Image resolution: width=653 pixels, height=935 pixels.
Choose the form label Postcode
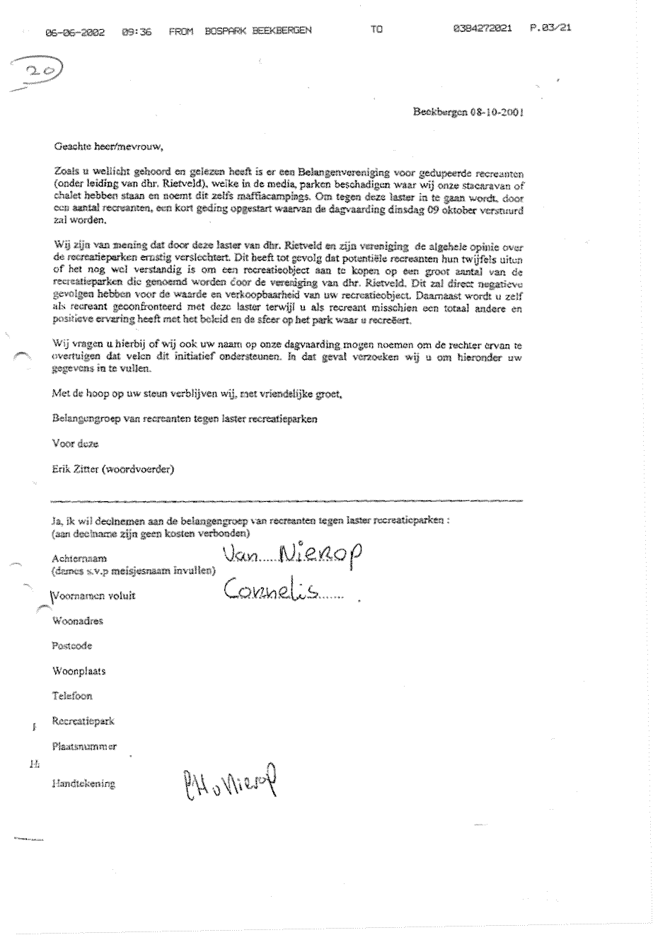pos(71,646)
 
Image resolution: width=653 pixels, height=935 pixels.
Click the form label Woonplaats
pos(77,670)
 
